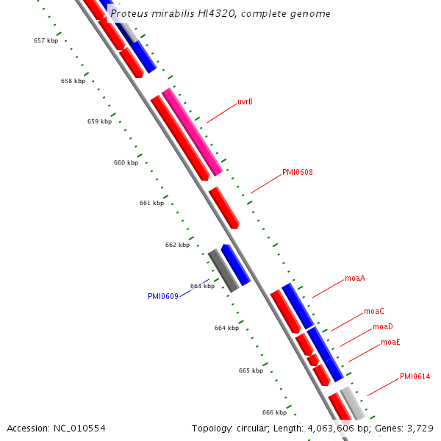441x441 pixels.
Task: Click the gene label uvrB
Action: (245, 102)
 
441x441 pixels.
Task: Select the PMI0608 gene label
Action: (298, 173)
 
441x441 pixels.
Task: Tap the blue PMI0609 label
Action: (162, 297)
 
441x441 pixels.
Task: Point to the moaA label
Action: (355, 279)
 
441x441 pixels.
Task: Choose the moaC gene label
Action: (374, 312)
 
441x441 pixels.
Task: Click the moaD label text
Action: (382, 327)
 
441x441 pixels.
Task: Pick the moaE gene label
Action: (390, 343)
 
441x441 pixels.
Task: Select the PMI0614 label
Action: (415, 377)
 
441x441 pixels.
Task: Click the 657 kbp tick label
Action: (46, 40)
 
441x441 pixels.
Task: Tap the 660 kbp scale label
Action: (126, 162)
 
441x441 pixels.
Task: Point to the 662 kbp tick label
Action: (177, 245)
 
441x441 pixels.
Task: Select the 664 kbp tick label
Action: (226, 328)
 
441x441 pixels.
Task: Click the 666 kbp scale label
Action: (274, 412)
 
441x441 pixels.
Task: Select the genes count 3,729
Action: (420, 428)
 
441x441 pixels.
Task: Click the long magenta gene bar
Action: (193, 132)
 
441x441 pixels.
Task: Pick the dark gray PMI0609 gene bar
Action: (223, 270)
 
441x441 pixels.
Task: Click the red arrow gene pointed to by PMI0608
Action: (223, 207)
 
